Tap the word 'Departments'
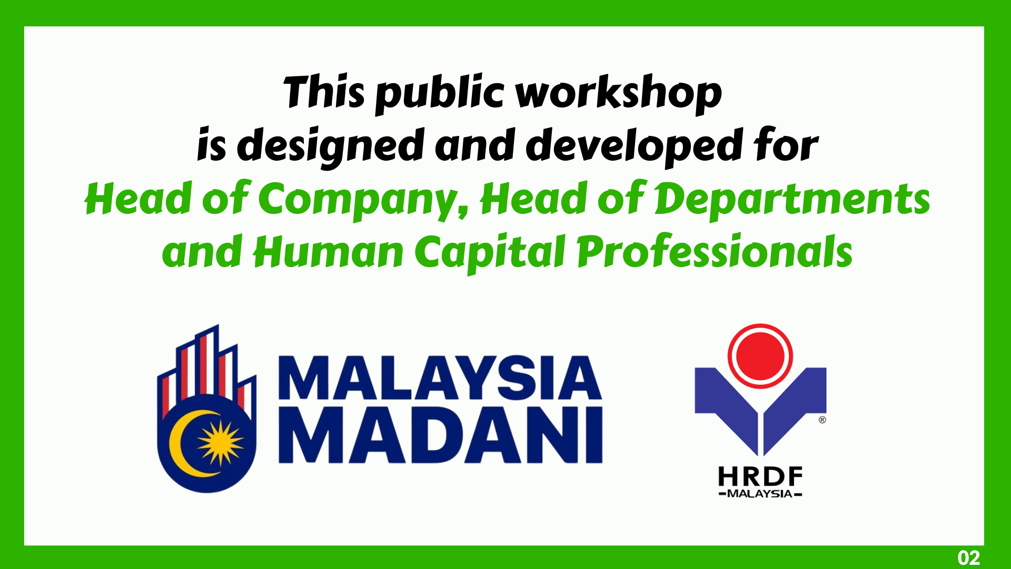(792, 200)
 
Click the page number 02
(969, 557)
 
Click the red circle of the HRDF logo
(760, 356)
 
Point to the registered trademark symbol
(822, 420)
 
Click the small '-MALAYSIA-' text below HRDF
(760, 494)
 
